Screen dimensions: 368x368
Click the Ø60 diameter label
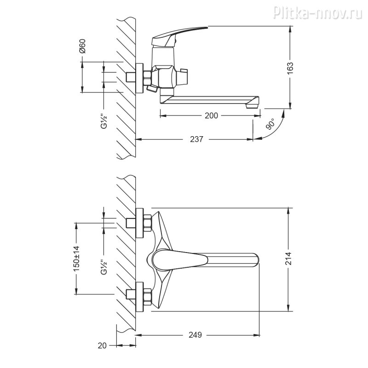tap(82, 46)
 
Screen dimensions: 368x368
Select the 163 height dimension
tap(290, 68)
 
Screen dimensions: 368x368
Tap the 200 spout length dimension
tap(211, 115)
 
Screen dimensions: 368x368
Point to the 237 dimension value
tap(196, 139)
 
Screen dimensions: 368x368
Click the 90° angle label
tap(270, 124)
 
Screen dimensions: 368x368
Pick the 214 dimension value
tap(288, 259)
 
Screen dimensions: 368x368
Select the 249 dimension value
tap(195, 335)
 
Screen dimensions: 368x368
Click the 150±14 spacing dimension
tap(77, 259)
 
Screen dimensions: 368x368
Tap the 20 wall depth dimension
tap(102, 345)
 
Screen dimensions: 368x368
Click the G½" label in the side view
tap(104, 121)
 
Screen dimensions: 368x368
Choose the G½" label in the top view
tap(104, 267)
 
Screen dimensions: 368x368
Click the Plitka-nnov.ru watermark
tap(317, 12)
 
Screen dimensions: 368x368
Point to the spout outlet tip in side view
tap(253, 106)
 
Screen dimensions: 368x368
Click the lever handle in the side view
tap(180, 36)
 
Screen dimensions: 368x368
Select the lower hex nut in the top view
tap(147, 297)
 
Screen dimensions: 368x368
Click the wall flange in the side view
tap(139, 78)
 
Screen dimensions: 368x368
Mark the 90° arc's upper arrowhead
tap(284, 113)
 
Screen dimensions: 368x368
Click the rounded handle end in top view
tap(256, 260)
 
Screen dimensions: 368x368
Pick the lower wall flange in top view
tap(139, 297)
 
